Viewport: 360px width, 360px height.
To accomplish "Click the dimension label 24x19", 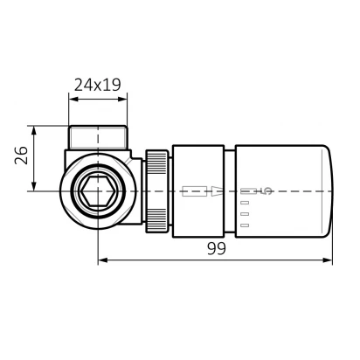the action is pos(97,85).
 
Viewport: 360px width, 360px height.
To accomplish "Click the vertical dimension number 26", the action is pos(21,156).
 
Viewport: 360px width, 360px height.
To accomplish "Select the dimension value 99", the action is pos(217,249).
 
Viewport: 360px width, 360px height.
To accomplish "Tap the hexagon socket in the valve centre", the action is pos(98,191).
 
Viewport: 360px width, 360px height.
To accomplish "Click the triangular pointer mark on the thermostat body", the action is pos(217,191).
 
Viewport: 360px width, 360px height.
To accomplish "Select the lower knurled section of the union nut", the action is pos(156,220).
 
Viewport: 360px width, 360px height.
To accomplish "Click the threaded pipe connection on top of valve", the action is pos(98,137).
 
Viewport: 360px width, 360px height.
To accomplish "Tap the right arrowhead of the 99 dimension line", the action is pos(328,260).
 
